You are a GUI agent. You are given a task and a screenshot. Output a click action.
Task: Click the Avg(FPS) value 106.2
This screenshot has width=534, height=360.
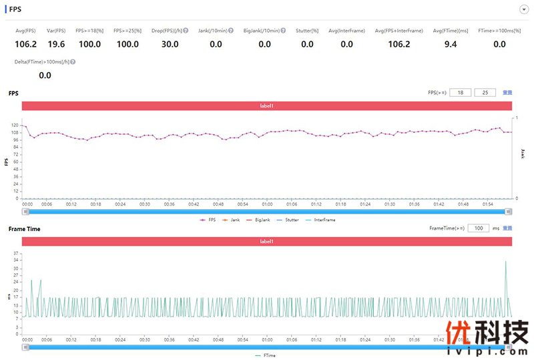(x=25, y=44)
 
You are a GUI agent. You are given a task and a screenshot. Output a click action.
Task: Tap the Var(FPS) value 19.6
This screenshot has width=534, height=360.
(x=56, y=44)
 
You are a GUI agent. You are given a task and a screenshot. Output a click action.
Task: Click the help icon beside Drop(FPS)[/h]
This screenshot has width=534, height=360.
(x=185, y=31)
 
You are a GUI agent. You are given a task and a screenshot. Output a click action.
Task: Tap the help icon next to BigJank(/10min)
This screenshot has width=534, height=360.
(x=283, y=31)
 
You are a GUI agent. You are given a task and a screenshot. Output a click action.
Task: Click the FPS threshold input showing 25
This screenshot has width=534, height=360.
(x=485, y=93)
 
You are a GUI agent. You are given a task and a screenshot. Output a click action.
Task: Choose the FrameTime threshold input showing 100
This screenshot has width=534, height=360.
(x=478, y=228)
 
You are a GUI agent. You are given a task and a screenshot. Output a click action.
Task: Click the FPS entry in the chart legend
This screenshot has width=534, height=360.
(x=208, y=220)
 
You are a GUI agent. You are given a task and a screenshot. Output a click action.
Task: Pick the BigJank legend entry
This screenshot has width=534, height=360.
(x=261, y=220)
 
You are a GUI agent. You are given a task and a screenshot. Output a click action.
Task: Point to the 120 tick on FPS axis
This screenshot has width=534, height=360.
(x=15, y=125)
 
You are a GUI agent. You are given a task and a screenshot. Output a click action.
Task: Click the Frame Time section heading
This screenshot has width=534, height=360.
(x=24, y=229)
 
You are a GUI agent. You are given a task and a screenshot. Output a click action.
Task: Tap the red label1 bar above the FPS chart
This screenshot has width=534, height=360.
(x=266, y=106)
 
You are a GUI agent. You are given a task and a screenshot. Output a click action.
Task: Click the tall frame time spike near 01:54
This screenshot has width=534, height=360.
(x=505, y=262)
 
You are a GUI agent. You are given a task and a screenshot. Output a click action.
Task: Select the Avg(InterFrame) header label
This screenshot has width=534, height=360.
(x=346, y=31)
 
